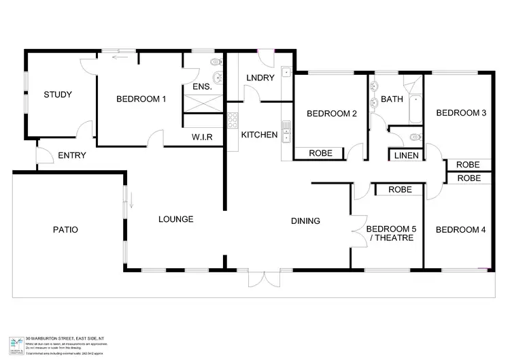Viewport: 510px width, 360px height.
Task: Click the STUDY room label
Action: (x=58, y=95)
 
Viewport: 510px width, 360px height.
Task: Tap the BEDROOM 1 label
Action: (x=141, y=99)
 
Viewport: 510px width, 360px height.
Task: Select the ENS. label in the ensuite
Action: (x=202, y=88)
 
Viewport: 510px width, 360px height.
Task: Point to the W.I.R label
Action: (x=203, y=137)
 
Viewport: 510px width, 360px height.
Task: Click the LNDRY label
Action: (x=260, y=78)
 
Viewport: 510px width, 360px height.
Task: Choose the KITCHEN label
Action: (x=259, y=135)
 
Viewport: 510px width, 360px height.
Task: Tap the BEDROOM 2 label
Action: (x=331, y=114)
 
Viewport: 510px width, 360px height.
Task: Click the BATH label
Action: (x=392, y=99)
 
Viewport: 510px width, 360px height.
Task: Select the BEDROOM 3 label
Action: (x=460, y=113)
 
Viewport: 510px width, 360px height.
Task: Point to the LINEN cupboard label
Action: (x=407, y=156)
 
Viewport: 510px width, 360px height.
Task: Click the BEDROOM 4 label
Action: (x=460, y=230)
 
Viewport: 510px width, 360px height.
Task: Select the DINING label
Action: (x=305, y=220)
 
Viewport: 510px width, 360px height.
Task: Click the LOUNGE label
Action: (x=176, y=219)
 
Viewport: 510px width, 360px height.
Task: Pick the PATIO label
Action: (x=65, y=229)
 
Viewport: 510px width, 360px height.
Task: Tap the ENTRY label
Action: (x=72, y=155)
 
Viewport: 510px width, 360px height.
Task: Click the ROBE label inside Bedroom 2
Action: (x=321, y=153)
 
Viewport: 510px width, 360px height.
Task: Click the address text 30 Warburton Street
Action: (x=65, y=338)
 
